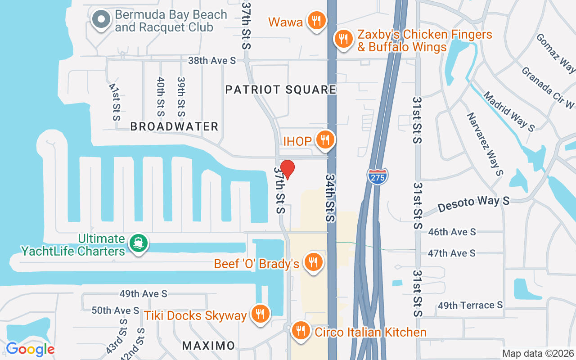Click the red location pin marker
click(287, 169)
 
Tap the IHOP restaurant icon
click(324, 139)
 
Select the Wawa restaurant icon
click(317, 21)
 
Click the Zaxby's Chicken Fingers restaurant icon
click(343, 39)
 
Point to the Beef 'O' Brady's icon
click(313, 262)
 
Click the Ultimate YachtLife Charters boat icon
click(138, 243)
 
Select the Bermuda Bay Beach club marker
click(101, 20)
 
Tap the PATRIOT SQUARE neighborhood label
click(281, 90)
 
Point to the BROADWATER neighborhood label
click(174, 127)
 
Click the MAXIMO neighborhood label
click(208, 346)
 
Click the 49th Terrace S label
click(470, 306)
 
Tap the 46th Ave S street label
click(452, 232)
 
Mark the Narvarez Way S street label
click(484, 144)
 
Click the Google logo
click(30, 349)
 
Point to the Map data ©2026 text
click(538, 354)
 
